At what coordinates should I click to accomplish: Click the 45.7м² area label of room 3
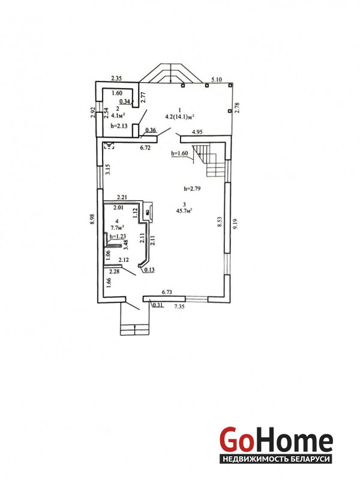[x=184, y=211]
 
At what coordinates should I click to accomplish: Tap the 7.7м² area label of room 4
[x=117, y=227]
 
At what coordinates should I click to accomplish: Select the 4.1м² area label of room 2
[x=118, y=115]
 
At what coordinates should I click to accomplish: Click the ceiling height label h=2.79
[x=192, y=188]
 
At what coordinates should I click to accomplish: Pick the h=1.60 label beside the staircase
[x=179, y=153]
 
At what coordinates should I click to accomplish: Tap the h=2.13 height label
[x=118, y=125]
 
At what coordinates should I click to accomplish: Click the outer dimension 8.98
[x=92, y=220]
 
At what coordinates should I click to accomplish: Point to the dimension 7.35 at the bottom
[x=179, y=306]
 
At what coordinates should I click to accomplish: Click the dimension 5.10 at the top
[x=217, y=80]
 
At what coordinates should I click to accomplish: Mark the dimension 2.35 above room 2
[x=116, y=79]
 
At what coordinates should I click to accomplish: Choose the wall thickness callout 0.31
[x=158, y=305]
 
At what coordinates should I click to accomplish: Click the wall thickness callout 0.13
[x=149, y=269]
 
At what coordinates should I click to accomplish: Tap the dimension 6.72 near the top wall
[x=145, y=148]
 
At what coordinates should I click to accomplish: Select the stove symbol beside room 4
[x=148, y=211]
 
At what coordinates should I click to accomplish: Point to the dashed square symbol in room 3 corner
[x=109, y=145]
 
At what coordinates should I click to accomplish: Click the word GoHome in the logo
[x=276, y=440]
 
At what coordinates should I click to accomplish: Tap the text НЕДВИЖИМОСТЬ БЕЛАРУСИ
[x=276, y=459]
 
